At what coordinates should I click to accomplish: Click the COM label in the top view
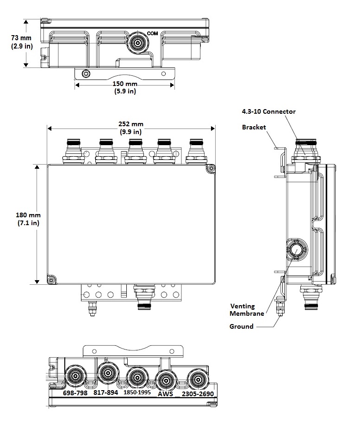[x=152, y=33]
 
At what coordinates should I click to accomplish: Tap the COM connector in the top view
[x=137, y=43]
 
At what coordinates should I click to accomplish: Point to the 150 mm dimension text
[x=125, y=87]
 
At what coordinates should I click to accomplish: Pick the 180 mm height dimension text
[x=28, y=219]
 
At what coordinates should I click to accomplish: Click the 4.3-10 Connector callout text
[x=268, y=111]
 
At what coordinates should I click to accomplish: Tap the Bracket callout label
[x=254, y=127]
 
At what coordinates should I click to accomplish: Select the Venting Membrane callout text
[x=248, y=309]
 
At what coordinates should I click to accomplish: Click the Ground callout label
[x=242, y=326]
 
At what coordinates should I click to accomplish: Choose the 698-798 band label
[x=75, y=393]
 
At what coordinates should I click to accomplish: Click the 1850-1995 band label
[x=137, y=393]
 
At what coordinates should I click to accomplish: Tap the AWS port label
[x=165, y=394]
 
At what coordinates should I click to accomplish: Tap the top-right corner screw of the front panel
[x=211, y=169]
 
